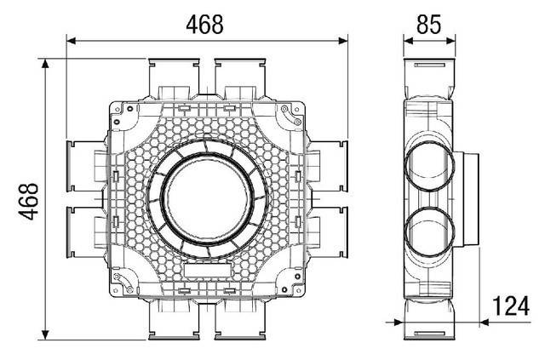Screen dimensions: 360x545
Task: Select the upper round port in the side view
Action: pos(431,164)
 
